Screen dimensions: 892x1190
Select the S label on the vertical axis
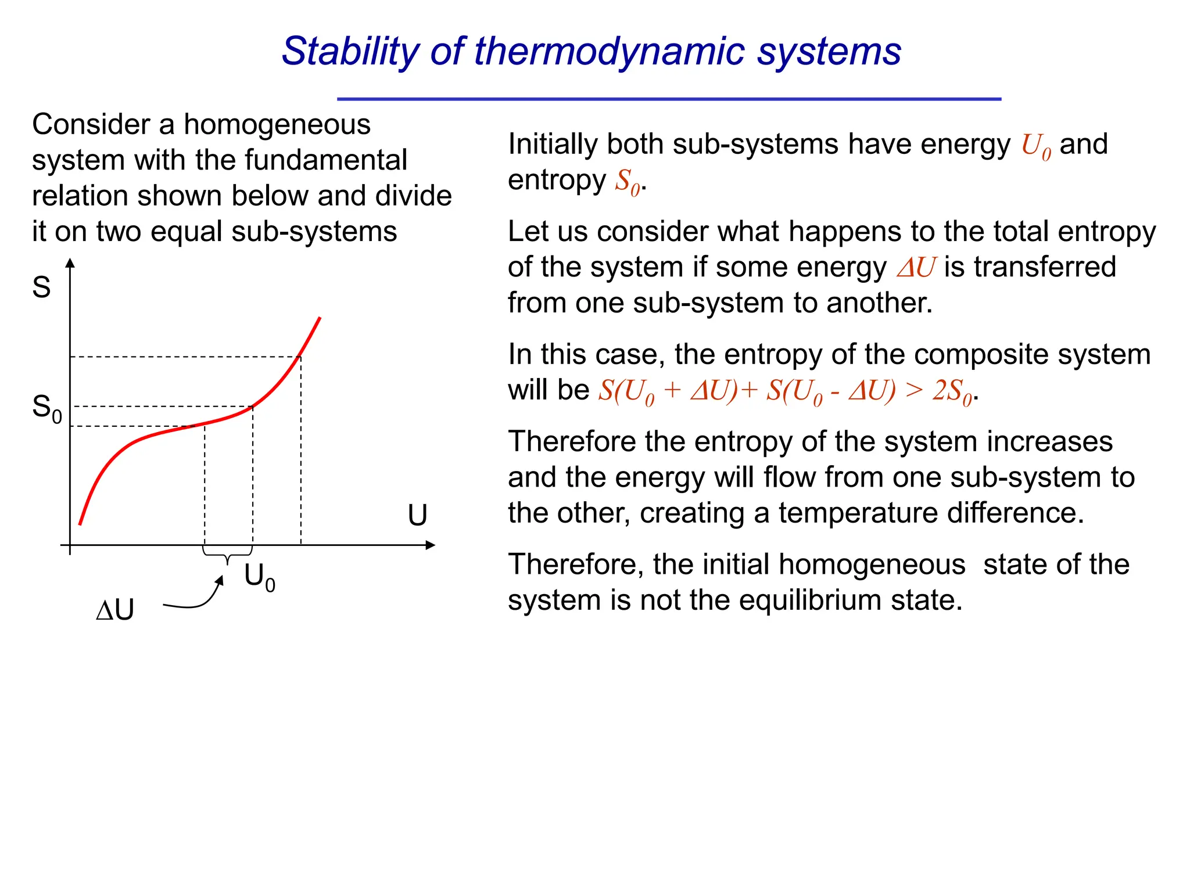[x=41, y=287]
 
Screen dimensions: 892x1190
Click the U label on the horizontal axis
[x=417, y=515]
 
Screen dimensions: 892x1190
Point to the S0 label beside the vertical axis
[x=46, y=408]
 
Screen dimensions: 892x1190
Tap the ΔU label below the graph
[x=115, y=610]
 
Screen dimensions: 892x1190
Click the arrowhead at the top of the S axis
[x=70, y=263]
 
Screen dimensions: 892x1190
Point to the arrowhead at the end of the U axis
[x=430, y=545]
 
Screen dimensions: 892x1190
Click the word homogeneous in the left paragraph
[x=277, y=125]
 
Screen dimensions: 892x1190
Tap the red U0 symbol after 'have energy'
[x=1036, y=146]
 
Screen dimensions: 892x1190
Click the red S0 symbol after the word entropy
[x=628, y=182]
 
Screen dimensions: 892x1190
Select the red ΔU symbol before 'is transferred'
[x=916, y=268]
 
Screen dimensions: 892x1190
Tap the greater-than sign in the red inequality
[x=914, y=390]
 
